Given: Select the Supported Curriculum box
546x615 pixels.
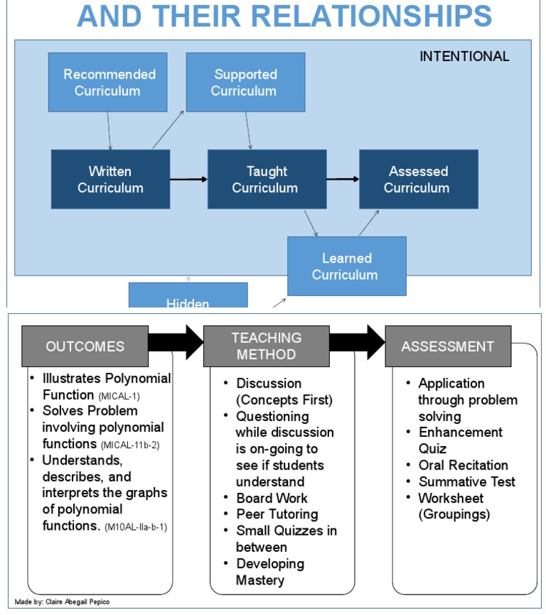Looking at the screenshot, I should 245,82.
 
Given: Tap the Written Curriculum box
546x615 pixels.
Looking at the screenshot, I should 110,179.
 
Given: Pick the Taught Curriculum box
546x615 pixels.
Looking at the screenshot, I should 267,179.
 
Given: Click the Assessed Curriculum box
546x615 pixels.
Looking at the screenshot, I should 418,179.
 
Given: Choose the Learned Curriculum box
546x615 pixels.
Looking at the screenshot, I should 346,266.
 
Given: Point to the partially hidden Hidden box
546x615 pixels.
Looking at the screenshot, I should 188,296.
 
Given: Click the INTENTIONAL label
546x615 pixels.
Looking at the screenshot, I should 464,56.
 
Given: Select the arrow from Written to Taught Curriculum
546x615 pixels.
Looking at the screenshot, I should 188,179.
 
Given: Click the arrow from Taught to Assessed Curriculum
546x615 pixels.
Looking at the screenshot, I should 343,179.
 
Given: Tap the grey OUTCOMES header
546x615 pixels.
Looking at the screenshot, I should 85,347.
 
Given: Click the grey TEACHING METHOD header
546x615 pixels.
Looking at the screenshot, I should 266,346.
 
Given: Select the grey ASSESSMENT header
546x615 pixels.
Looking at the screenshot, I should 447,347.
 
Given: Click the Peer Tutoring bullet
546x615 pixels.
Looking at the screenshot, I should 277,514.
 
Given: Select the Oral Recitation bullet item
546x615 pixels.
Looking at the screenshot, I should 462,465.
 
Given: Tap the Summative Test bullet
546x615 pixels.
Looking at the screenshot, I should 466,481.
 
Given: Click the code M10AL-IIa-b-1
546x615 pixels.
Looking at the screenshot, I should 135,528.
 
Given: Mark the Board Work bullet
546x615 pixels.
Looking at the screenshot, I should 272,498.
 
